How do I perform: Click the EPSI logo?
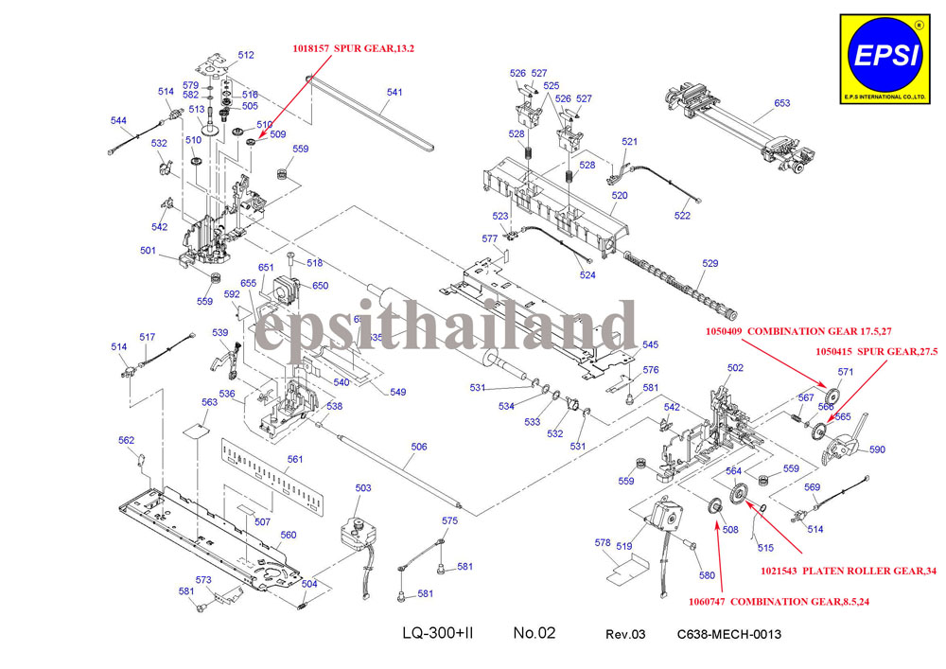885,57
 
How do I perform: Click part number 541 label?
394,93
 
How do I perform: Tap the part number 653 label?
782,103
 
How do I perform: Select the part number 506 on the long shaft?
419,447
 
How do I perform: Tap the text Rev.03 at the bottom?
625,634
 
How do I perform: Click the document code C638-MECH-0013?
728,634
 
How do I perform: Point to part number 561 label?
295,459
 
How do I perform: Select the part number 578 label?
603,543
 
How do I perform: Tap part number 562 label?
127,440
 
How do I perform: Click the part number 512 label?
246,55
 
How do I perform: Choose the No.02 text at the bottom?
534,633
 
